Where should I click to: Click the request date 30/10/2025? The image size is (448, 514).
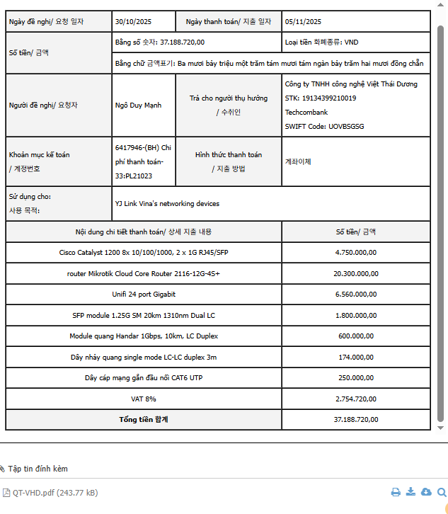click(x=134, y=22)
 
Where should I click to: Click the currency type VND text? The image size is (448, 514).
click(x=321, y=42)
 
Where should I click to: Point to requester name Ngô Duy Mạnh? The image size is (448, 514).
click(x=138, y=105)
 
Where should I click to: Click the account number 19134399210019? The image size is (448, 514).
click(x=321, y=98)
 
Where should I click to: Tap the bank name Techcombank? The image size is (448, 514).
click(x=306, y=113)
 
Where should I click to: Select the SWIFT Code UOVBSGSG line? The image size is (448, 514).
click(x=324, y=127)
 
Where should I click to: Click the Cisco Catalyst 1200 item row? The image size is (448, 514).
click(x=144, y=253)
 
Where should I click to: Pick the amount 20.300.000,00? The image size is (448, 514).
click(x=356, y=273)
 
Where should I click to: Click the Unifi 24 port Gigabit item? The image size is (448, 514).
click(x=144, y=294)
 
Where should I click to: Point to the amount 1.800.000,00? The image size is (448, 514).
click(x=356, y=315)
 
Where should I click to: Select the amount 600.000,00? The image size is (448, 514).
click(x=356, y=336)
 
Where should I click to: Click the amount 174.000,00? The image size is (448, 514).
click(x=356, y=358)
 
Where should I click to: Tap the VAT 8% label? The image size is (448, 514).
click(x=144, y=399)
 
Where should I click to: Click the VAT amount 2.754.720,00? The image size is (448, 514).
click(x=356, y=399)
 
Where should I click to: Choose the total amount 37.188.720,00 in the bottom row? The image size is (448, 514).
click(x=356, y=420)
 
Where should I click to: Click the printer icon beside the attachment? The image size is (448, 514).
click(x=396, y=493)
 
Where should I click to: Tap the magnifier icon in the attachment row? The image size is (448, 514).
click(x=442, y=493)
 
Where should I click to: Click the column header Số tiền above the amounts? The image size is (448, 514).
click(x=356, y=232)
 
